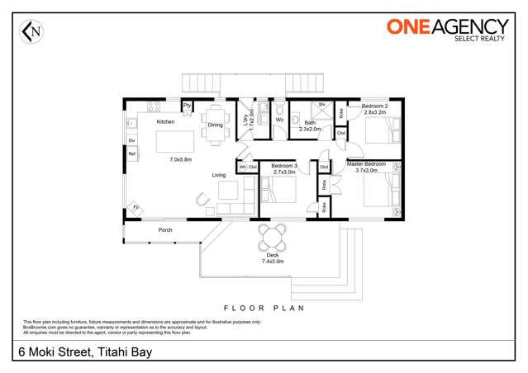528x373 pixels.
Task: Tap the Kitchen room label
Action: tap(166, 121)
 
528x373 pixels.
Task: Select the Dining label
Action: tap(215, 125)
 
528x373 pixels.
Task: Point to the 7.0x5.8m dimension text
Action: tap(180, 158)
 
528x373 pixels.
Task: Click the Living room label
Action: tap(219, 175)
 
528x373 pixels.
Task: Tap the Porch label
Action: tap(165, 229)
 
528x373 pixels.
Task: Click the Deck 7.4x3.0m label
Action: tap(272, 258)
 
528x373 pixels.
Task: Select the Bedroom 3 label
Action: tap(284, 167)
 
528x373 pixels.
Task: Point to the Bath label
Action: tap(309, 124)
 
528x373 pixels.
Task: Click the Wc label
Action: tap(279, 120)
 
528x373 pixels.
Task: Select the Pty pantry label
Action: tap(187, 106)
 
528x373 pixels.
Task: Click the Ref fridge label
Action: tap(131, 153)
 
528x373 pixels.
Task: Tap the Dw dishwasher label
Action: tap(131, 141)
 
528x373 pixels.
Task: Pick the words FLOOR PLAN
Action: tap(264, 307)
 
